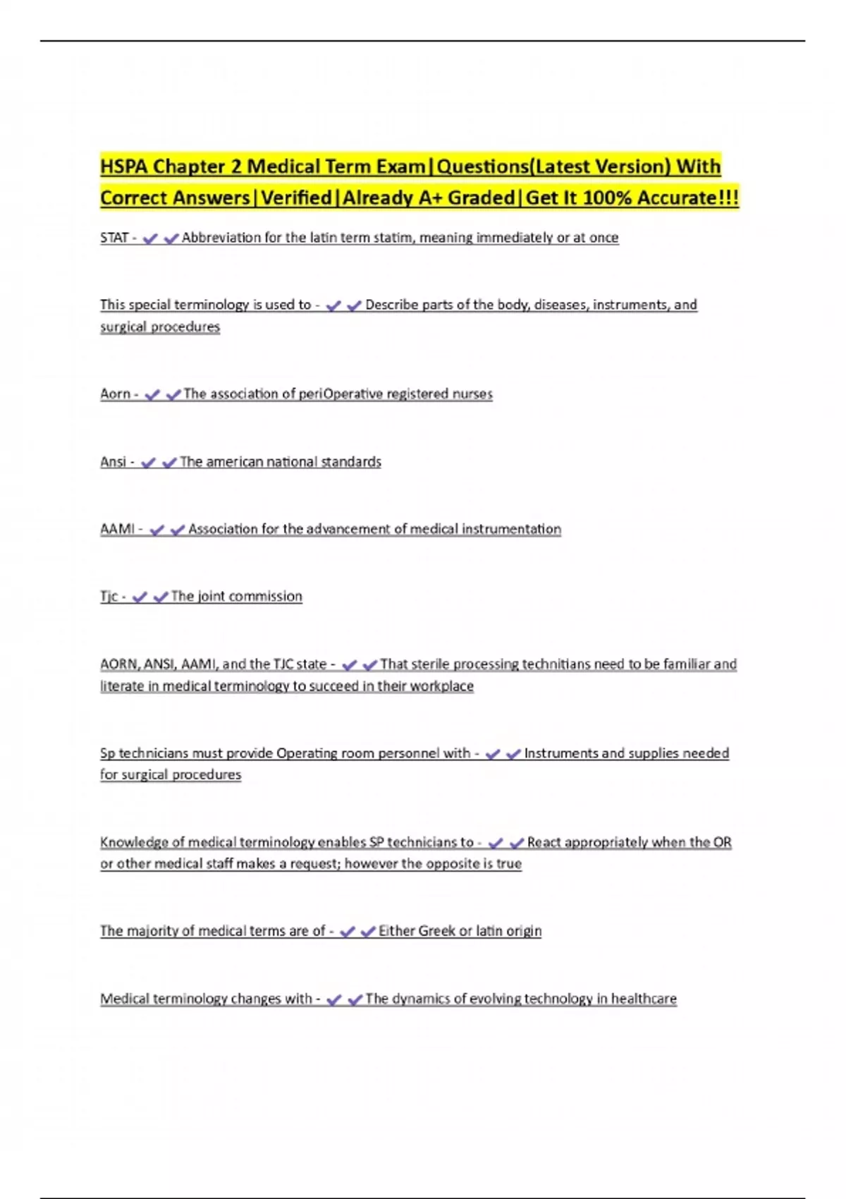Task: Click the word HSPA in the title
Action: pos(123,166)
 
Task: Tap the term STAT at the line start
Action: pos(114,238)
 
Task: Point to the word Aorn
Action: pos(115,394)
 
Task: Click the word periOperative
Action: pos(341,394)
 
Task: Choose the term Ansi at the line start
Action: pos(113,462)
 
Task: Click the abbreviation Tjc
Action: pos(109,597)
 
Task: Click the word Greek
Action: pos(436,931)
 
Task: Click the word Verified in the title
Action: pos(296,197)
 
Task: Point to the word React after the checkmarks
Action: pos(544,842)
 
